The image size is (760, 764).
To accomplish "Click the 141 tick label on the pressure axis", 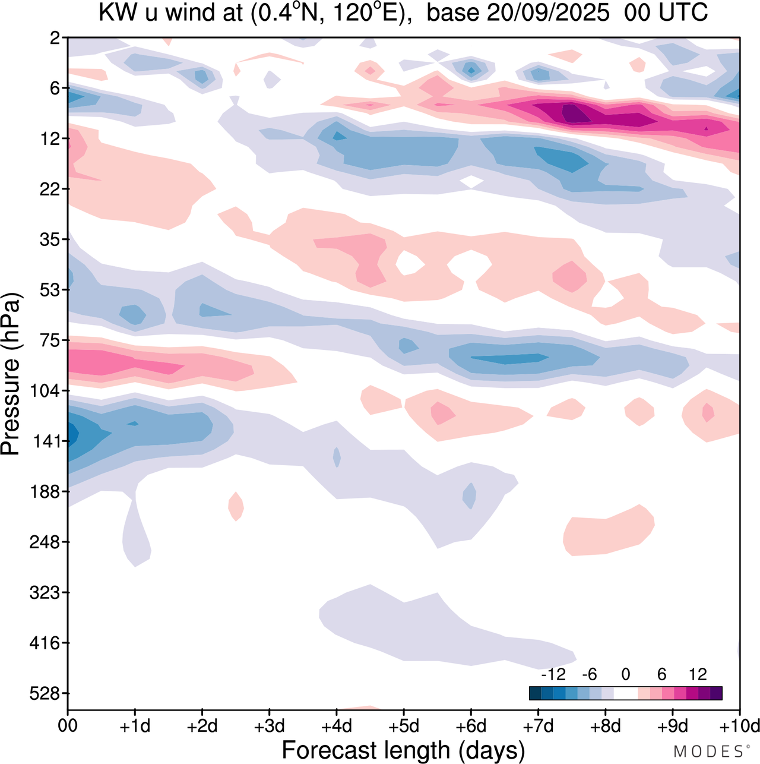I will point(47,441).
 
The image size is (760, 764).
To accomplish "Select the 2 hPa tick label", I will point(55,38).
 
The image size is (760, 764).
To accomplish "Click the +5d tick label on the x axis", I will point(403,726).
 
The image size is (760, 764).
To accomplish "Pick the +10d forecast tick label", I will point(739,726).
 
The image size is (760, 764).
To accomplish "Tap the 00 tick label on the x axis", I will point(68,726).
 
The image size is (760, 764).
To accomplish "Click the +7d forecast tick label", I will point(538,726).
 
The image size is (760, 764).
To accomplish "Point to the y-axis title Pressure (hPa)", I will point(11,374).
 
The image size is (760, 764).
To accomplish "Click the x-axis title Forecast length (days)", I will point(403,750).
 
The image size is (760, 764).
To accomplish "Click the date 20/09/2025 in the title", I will point(548,13).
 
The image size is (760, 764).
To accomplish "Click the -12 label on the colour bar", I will point(553,674).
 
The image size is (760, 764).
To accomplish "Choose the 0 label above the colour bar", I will point(626,674).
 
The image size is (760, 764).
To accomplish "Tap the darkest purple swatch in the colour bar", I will point(716,693).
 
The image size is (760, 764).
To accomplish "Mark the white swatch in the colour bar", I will point(626,693).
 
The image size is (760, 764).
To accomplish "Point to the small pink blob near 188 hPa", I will point(236,506).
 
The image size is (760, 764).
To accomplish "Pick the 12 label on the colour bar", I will point(698,674).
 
